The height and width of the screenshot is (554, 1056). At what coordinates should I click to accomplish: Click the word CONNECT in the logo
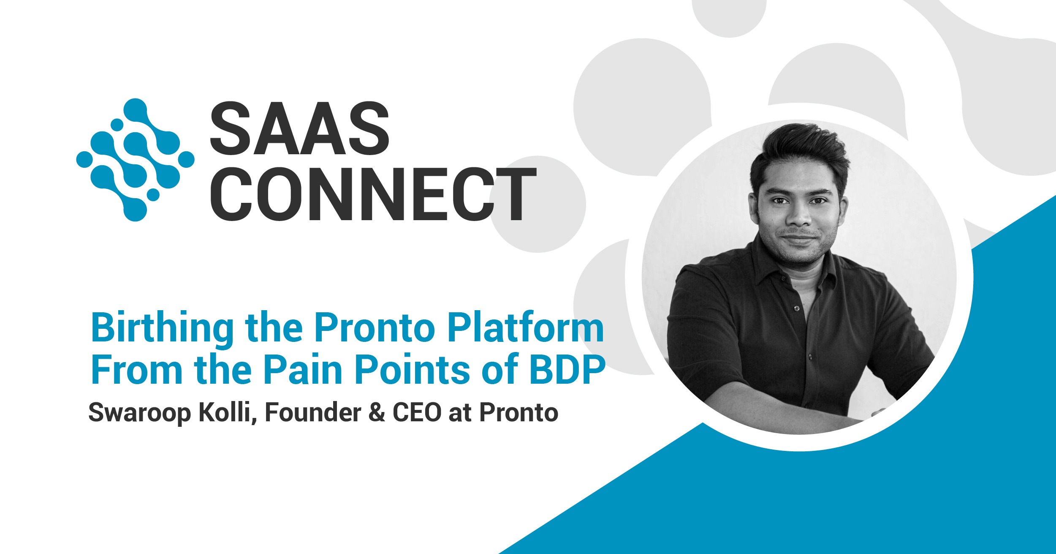(x=373, y=194)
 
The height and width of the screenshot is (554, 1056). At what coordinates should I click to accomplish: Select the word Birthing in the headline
(x=162, y=329)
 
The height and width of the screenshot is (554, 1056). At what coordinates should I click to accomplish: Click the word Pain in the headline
(x=303, y=370)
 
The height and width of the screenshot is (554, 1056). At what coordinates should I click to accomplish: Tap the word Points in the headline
(x=412, y=370)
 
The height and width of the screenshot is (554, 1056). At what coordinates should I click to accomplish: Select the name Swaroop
(x=139, y=413)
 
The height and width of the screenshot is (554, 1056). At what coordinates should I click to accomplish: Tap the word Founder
(x=313, y=412)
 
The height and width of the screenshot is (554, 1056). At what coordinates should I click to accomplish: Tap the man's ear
(x=754, y=207)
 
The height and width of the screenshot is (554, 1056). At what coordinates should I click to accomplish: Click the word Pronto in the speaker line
(x=519, y=412)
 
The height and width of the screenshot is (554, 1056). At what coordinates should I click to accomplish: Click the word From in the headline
(x=136, y=370)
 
